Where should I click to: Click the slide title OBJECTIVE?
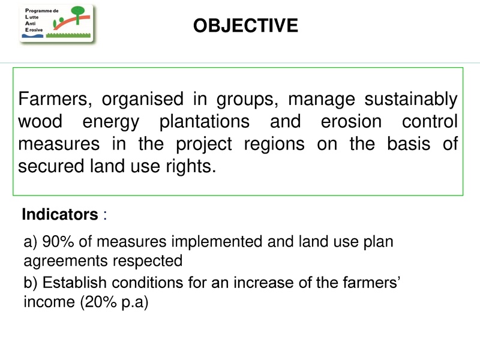pos(245,26)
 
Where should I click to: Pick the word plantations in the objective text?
pos(204,121)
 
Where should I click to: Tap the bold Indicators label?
pos(60,214)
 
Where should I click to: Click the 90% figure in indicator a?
pos(58,242)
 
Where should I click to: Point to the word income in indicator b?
pos(50,302)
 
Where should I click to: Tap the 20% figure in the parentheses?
pos(94,302)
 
